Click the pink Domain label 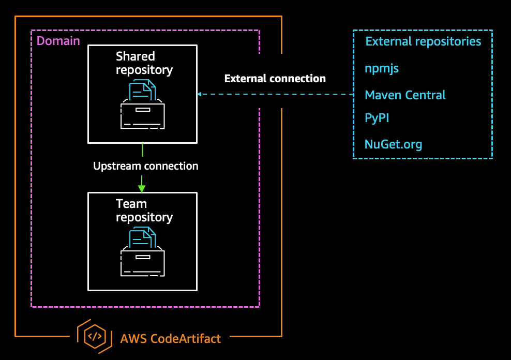(58, 41)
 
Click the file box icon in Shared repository (142, 105)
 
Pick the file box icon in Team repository (142, 252)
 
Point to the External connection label (275, 79)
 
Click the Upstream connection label (145, 166)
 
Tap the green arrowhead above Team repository (142, 188)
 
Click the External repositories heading (423, 41)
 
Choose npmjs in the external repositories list (382, 68)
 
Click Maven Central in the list (405, 95)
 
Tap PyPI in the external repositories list (377, 118)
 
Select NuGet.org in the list (393, 144)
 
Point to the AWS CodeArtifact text (170, 339)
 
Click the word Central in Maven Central (426, 95)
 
